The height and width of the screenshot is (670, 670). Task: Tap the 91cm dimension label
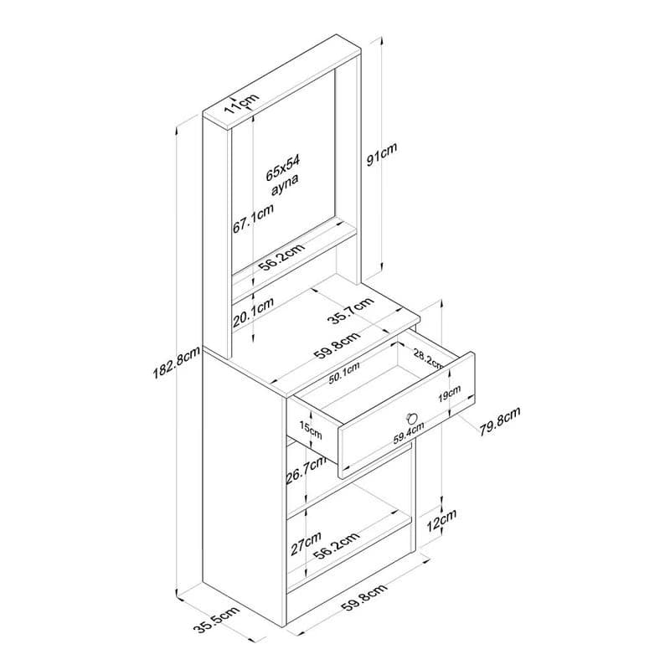point(382,154)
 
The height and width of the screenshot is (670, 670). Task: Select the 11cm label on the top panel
point(241,104)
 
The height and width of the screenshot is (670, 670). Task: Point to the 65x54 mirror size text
point(283,168)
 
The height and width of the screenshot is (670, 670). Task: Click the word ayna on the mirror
point(285,185)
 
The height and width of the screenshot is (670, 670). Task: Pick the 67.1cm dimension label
point(253,219)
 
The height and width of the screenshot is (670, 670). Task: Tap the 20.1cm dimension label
point(253,312)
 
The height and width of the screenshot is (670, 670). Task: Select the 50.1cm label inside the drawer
point(344,374)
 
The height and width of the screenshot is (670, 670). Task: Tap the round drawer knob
point(411,416)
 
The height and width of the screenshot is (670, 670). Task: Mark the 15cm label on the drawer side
point(310,430)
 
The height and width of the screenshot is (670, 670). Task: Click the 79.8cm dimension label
point(499,421)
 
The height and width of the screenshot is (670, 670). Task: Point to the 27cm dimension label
point(306,543)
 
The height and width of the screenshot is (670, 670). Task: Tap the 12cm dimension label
point(442,520)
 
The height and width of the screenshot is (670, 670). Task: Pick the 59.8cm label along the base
point(364,597)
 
